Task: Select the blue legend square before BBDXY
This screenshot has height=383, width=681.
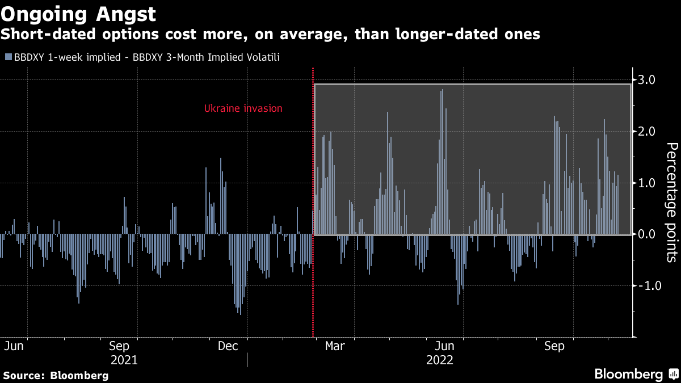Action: click(7, 57)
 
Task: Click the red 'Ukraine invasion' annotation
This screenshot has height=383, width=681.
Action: click(243, 108)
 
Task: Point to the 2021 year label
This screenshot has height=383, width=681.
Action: click(124, 360)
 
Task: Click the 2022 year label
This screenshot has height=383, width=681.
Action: click(440, 360)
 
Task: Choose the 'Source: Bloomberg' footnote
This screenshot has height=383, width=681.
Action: click(56, 375)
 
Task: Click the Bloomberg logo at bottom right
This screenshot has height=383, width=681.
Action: click(636, 374)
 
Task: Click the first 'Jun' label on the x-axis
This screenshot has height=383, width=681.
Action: click(14, 346)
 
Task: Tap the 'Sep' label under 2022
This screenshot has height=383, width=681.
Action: click(554, 346)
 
